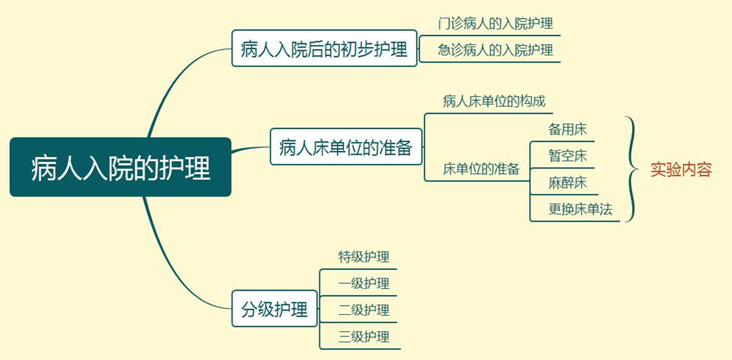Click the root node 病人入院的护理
pyautogui.click(x=120, y=167)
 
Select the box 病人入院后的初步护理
pyautogui.click(x=325, y=49)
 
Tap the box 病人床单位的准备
pyautogui.click(x=345, y=147)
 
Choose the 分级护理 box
pyautogui.click(x=274, y=310)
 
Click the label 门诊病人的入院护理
pyautogui.click(x=495, y=24)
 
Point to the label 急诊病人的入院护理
pyautogui.click(x=495, y=50)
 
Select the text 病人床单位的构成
pyautogui.click(x=493, y=101)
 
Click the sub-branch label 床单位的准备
pyautogui.click(x=481, y=169)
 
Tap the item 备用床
pyautogui.click(x=567, y=129)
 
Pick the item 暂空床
pyautogui.click(x=567, y=156)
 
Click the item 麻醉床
pyautogui.click(x=567, y=182)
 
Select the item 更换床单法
pyautogui.click(x=580, y=209)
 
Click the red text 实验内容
pyautogui.click(x=681, y=169)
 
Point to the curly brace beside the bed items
pyautogui.click(x=631, y=169)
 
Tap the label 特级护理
pyautogui.click(x=364, y=257)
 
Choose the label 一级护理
pyautogui.click(x=364, y=284)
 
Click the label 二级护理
pyautogui.click(x=364, y=310)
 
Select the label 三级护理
pyautogui.click(x=364, y=337)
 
